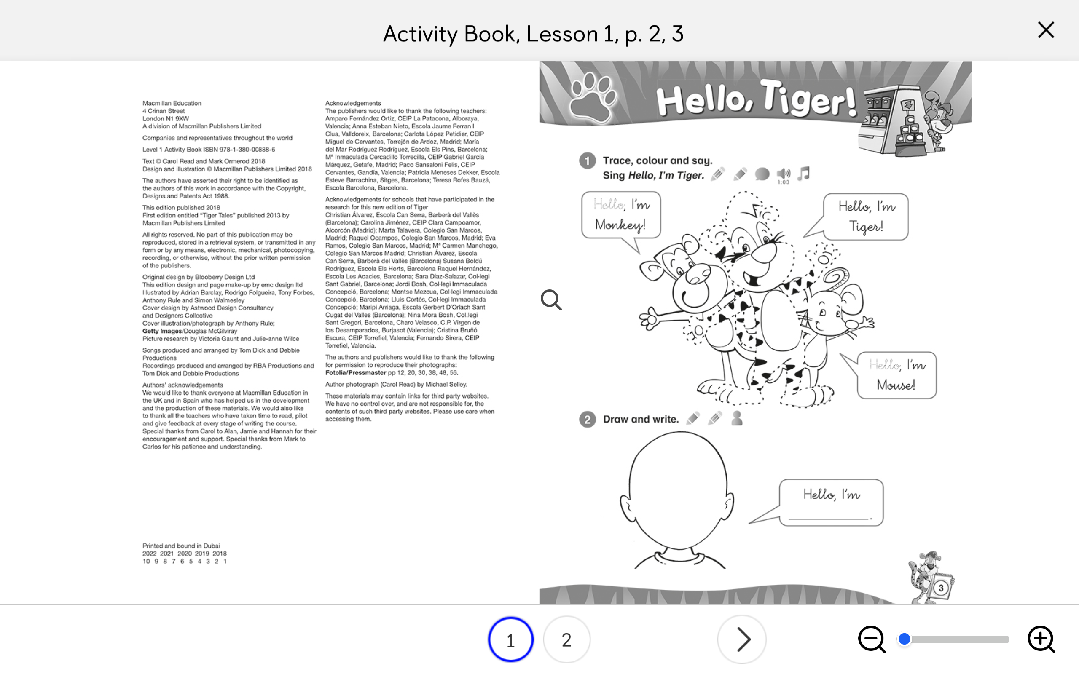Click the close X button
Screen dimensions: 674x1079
pos(1046,30)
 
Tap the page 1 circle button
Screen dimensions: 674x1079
pos(510,640)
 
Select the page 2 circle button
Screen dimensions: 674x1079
pos(566,640)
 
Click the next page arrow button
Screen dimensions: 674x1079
pos(741,640)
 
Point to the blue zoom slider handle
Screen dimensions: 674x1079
pos(904,639)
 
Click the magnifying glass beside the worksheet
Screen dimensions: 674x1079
pos(551,300)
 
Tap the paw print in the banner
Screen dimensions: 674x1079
pos(592,98)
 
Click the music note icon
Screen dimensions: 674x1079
pos(803,174)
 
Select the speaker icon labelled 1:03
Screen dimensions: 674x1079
pos(784,174)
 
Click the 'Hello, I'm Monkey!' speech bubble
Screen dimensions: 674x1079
pos(621,215)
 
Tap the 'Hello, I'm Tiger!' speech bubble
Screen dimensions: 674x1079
pos(865,217)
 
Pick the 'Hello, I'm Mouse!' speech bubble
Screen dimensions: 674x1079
pos(896,375)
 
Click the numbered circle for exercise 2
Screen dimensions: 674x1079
pos(587,420)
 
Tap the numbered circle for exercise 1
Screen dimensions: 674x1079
pos(587,160)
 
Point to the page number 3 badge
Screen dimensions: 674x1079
pos(941,588)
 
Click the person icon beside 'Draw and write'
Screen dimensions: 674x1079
pos(737,418)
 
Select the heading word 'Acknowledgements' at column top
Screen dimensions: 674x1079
pos(353,103)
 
